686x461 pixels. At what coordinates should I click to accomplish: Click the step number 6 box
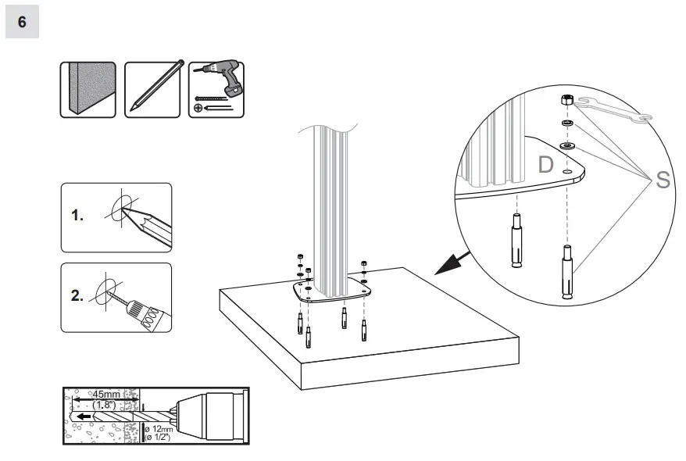[x=22, y=22]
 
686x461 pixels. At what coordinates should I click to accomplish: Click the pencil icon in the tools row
[x=155, y=90]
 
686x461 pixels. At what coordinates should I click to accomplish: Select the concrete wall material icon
[x=88, y=90]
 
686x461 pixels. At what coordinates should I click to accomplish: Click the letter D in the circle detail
[x=545, y=166]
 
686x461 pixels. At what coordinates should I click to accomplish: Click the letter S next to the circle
[x=663, y=180]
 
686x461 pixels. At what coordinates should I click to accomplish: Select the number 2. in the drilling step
[x=77, y=296]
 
